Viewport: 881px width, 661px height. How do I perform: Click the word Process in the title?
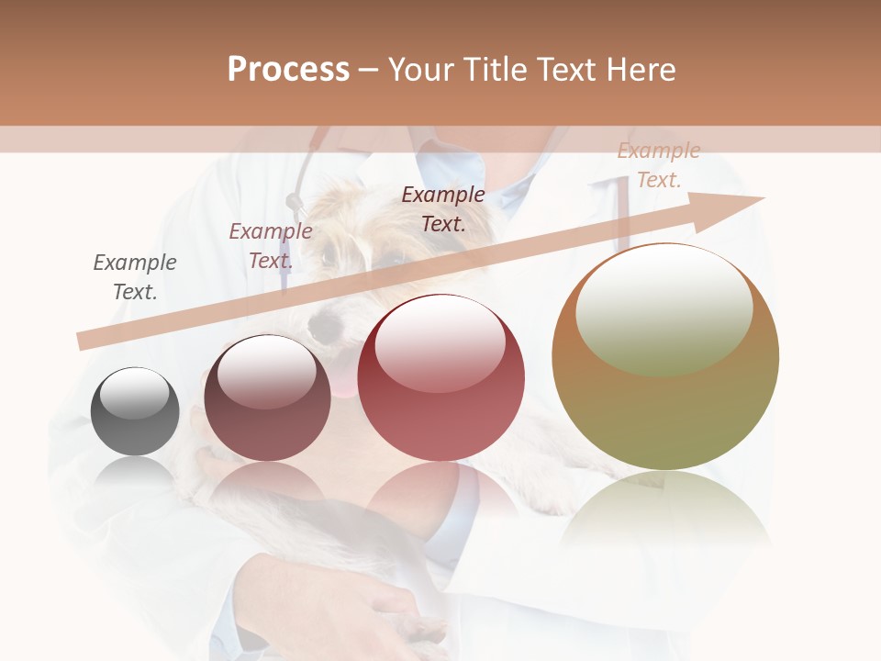[288, 70]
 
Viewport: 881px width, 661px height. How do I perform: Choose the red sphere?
[440, 378]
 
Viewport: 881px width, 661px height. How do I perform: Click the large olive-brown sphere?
[665, 357]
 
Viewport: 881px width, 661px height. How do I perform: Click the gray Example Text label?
[135, 276]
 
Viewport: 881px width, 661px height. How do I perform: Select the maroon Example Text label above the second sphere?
[270, 246]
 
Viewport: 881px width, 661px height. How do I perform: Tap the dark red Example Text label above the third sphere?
[443, 208]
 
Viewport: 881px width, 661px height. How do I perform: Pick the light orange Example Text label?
[658, 165]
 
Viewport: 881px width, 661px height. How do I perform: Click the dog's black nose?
[321, 326]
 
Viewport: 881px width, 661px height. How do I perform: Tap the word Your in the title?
[419, 70]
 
